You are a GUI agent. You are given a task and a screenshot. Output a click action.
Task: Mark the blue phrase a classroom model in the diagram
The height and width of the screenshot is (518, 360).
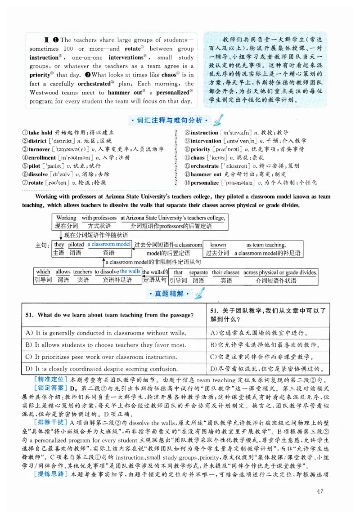click(x=109, y=244)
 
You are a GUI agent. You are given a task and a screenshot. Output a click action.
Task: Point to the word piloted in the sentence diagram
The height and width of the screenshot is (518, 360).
click(x=76, y=245)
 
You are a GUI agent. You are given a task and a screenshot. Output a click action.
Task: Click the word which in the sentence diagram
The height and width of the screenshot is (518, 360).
click(x=43, y=272)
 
